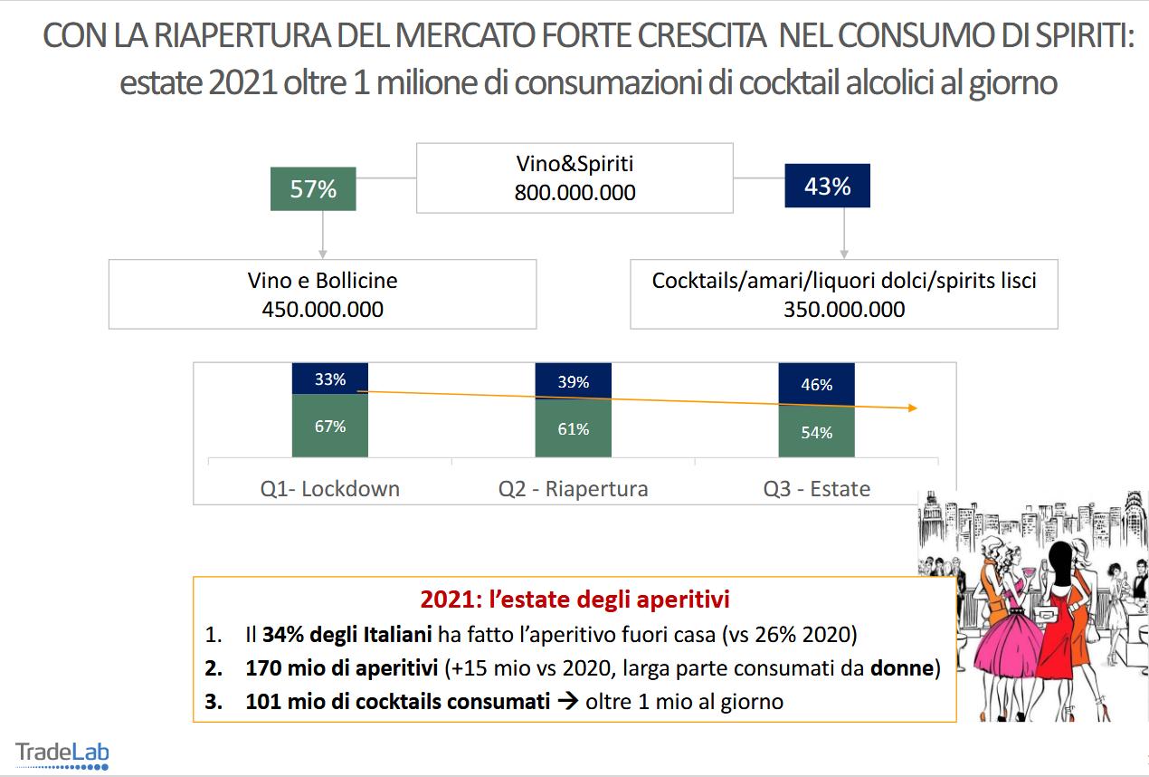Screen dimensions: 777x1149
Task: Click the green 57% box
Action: pyautogui.click(x=313, y=188)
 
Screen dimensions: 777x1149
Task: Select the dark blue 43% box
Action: pyautogui.click(x=827, y=186)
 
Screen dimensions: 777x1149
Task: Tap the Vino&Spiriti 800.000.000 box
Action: pyautogui.click(x=574, y=178)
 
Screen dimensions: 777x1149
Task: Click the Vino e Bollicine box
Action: pyautogui.click(x=322, y=294)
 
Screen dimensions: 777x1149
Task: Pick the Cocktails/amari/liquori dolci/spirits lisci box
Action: pyautogui.click(x=843, y=294)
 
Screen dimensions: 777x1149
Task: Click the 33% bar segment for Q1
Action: pyautogui.click(x=330, y=379)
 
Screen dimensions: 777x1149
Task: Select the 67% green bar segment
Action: pyautogui.click(x=330, y=426)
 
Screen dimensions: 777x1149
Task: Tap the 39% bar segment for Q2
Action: pyautogui.click(x=574, y=381)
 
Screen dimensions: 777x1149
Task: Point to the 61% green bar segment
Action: pyautogui.click(x=574, y=428)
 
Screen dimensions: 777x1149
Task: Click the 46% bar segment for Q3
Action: pyautogui.click(x=816, y=384)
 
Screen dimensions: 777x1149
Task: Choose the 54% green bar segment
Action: pyautogui.click(x=816, y=433)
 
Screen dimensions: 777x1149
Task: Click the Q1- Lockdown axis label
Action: pyautogui.click(x=329, y=489)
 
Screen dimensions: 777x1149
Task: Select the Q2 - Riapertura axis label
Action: pyautogui.click(x=574, y=489)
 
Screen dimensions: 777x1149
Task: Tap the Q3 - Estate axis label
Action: pyautogui.click(x=816, y=489)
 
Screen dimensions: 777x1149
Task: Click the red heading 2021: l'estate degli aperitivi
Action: pyautogui.click(x=575, y=600)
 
